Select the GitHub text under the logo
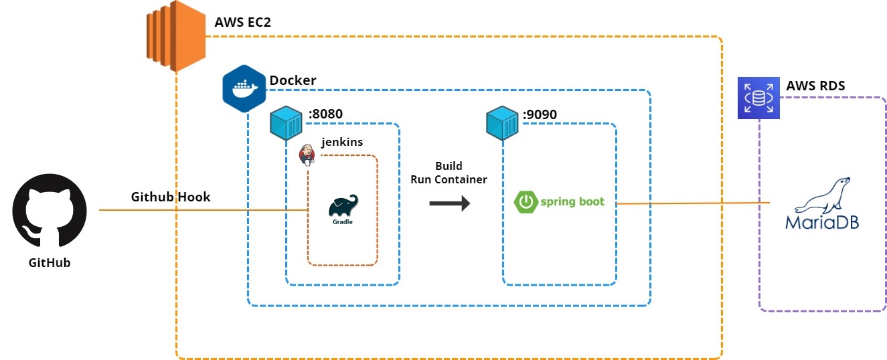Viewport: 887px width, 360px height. click(50, 263)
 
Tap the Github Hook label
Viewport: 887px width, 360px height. click(171, 197)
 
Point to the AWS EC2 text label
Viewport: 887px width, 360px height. click(243, 22)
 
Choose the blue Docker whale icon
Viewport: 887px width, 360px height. click(244, 88)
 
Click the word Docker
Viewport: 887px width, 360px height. click(293, 81)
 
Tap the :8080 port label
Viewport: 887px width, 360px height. click(325, 114)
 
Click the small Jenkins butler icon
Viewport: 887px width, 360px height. click(307, 154)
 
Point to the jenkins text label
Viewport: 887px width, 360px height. click(342, 143)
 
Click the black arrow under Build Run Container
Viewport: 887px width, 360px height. click(450, 201)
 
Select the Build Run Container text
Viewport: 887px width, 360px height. click(448, 173)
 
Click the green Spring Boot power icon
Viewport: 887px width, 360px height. click(526, 201)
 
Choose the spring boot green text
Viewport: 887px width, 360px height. click(572, 201)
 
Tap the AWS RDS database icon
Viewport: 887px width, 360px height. click(758, 98)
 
